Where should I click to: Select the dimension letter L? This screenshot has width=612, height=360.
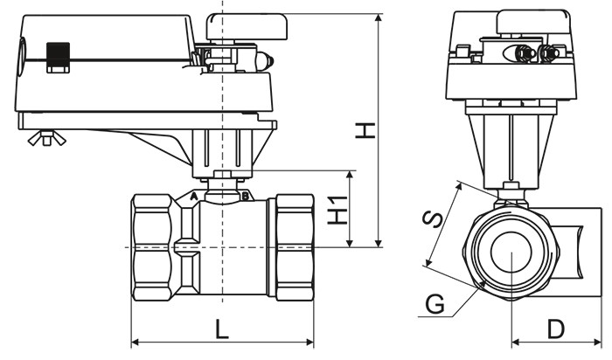(x=222, y=329)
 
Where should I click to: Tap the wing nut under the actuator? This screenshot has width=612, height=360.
(x=41, y=137)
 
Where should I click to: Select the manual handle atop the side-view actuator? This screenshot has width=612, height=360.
(x=247, y=27)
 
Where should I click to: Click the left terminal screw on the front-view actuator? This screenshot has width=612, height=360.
(x=522, y=54)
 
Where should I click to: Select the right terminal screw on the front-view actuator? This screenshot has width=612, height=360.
(x=548, y=54)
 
